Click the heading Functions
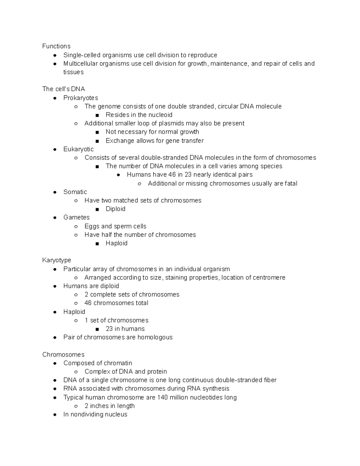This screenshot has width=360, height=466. pyautogui.click(x=56, y=46)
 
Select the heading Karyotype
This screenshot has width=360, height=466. pyautogui.click(x=57, y=260)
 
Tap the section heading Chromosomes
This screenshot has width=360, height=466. pyautogui.click(x=63, y=354)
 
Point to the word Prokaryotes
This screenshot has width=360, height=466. pyautogui.click(x=81, y=98)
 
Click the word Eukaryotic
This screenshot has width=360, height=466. pyautogui.click(x=79, y=149)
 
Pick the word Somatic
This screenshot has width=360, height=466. pyautogui.click(x=75, y=192)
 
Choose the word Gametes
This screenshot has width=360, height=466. pyautogui.click(x=76, y=217)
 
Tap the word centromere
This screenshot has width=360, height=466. pyautogui.click(x=269, y=278)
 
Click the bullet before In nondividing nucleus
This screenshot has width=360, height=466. pyautogui.click(x=55, y=415)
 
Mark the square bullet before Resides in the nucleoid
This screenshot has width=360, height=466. pyautogui.click(x=97, y=115)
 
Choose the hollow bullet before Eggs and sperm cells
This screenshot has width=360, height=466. pyautogui.click(x=76, y=227)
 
